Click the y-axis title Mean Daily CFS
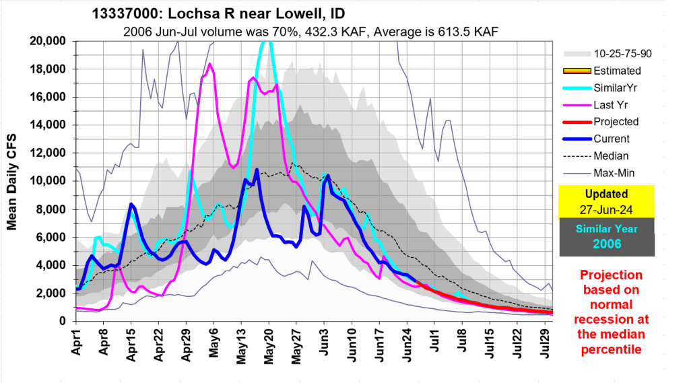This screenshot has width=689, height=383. click(x=12, y=181)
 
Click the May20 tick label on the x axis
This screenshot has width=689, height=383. click(x=268, y=343)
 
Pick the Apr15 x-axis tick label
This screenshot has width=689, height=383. click(x=131, y=343)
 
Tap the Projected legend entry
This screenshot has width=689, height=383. click(x=616, y=122)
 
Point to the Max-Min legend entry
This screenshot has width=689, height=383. click(x=615, y=174)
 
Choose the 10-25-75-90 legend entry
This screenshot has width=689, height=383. click(x=621, y=53)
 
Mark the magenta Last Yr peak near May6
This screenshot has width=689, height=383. click(x=210, y=64)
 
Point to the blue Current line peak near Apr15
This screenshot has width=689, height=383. click(x=131, y=204)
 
